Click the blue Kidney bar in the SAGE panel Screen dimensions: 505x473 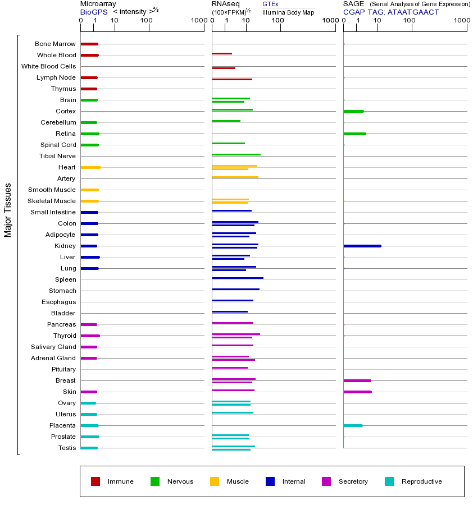click(362, 246)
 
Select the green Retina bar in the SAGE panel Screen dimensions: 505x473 click(354, 134)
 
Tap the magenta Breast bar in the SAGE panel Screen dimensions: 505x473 click(357, 380)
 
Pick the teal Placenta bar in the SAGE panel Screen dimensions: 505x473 click(353, 425)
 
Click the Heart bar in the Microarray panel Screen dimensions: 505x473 click(90, 167)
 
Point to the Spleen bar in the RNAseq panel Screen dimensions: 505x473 click(238, 278)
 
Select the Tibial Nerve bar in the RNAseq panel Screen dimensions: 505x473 click(236, 154)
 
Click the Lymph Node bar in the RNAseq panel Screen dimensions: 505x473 click(232, 79)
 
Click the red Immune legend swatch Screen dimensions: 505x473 click(95, 481)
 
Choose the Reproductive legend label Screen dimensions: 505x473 click(421, 481)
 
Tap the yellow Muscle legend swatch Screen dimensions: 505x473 click(215, 481)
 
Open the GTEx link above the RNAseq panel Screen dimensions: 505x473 click(270, 4)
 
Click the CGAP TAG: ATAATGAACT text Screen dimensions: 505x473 click(391, 12)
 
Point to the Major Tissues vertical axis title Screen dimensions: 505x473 click(8, 210)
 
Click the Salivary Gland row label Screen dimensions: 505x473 click(53, 347)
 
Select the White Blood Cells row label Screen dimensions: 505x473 click(48, 66)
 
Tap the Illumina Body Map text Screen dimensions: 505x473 click(288, 12)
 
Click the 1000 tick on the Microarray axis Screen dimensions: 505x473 click(198, 21)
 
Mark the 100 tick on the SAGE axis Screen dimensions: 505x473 click(410, 21)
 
